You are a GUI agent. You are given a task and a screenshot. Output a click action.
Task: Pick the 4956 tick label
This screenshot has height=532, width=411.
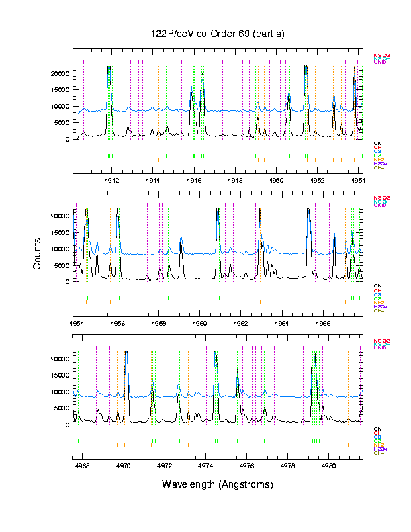click(x=118, y=322)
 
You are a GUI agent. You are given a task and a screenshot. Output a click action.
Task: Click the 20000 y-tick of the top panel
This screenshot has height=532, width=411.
click(x=60, y=73)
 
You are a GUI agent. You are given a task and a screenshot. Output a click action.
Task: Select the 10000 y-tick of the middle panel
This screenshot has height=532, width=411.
click(x=60, y=249)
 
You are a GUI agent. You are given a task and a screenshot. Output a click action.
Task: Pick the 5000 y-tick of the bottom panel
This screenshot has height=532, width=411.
click(x=62, y=408)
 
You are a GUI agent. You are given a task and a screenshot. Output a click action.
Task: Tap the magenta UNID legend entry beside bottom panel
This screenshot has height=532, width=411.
click(x=379, y=348)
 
